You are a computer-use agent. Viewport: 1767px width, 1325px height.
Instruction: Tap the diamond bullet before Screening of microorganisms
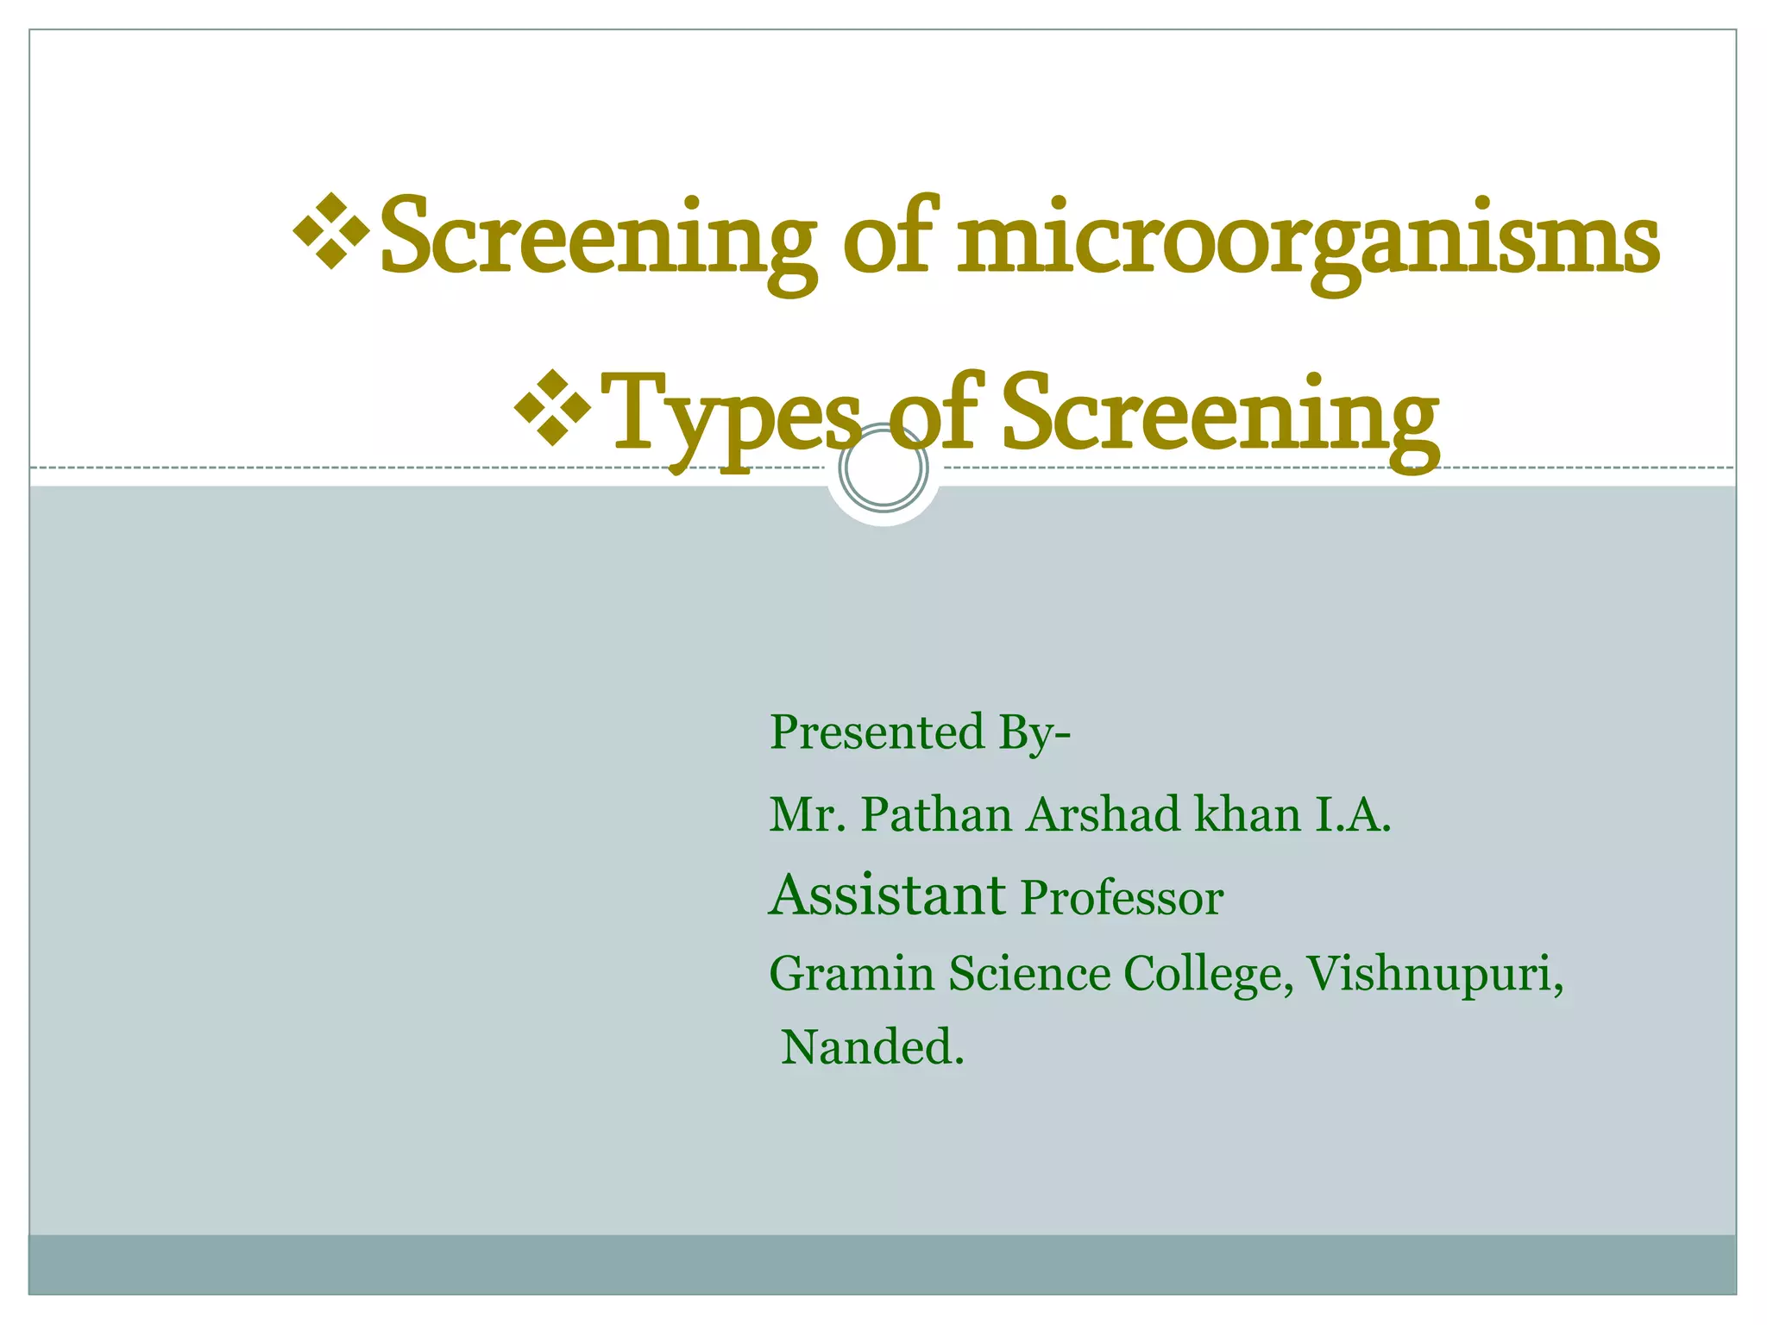(332, 230)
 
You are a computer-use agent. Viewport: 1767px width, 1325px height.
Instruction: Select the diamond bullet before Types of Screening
(553, 406)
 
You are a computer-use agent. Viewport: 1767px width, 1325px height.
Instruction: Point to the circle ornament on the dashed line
(883, 468)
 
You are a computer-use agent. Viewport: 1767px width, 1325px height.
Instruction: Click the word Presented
(877, 732)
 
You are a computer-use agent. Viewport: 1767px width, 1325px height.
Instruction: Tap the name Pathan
(936, 814)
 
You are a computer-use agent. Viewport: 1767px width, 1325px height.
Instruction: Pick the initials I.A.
(1352, 814)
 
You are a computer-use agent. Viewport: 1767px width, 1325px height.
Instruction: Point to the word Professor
(1122, 899)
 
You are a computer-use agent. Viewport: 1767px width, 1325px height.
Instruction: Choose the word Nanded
(871, 1048)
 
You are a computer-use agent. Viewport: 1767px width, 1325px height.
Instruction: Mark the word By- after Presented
(1034, 734)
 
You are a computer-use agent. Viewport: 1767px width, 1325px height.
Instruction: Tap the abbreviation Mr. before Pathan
(807, 814)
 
